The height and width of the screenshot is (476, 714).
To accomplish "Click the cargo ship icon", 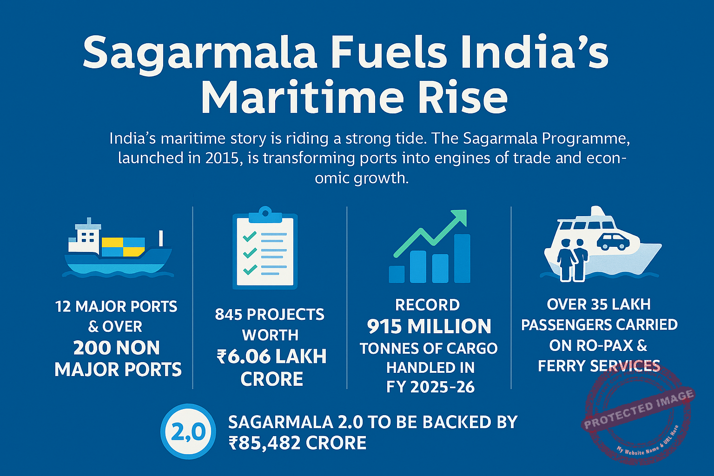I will tap(118, 249).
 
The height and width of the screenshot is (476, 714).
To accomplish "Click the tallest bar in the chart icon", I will tap(462, 258).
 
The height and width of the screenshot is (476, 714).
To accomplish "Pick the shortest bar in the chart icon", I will tap(397, 274).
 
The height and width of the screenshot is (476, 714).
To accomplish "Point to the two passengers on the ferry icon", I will tap(573, 259).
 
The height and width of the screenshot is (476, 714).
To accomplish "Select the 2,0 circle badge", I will tap(188, 432).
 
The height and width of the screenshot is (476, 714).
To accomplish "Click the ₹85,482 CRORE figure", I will tap(297, 443).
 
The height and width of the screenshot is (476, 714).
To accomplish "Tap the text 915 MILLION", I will tap(429, 326).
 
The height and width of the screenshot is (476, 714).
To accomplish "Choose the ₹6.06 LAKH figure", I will tap(271, 357).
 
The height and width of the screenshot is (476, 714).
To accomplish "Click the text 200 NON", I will tap(117, 348).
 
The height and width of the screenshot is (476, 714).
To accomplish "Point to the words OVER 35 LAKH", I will tap(599, 304).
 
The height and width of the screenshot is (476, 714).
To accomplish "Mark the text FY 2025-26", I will tap(430, 387).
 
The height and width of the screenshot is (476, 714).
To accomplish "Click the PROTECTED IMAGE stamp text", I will tap(639, 410).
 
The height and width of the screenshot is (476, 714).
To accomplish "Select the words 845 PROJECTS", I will tap(270, 315).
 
